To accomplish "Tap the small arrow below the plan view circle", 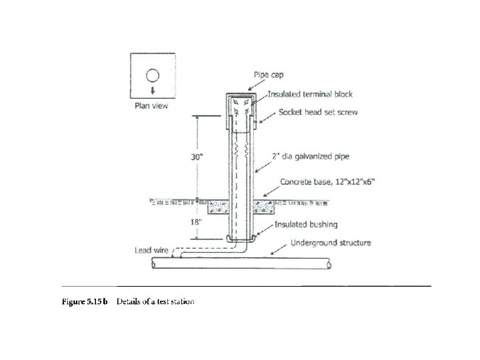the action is pyautogui.click(x=153, y=91).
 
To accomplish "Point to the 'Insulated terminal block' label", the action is pyautogui.click(x=312, y=95).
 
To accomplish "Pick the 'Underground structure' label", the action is pyautogui.click(x=331, y=243).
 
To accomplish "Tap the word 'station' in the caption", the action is pyautogui.click(x=181, y=302).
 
